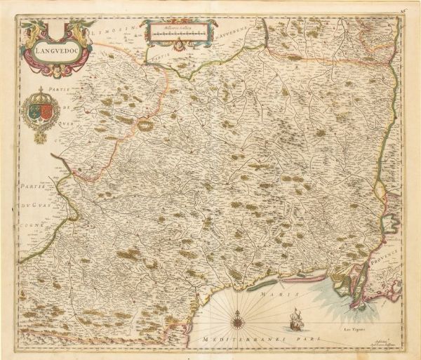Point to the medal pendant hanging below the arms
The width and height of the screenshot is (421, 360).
(41, 137)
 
